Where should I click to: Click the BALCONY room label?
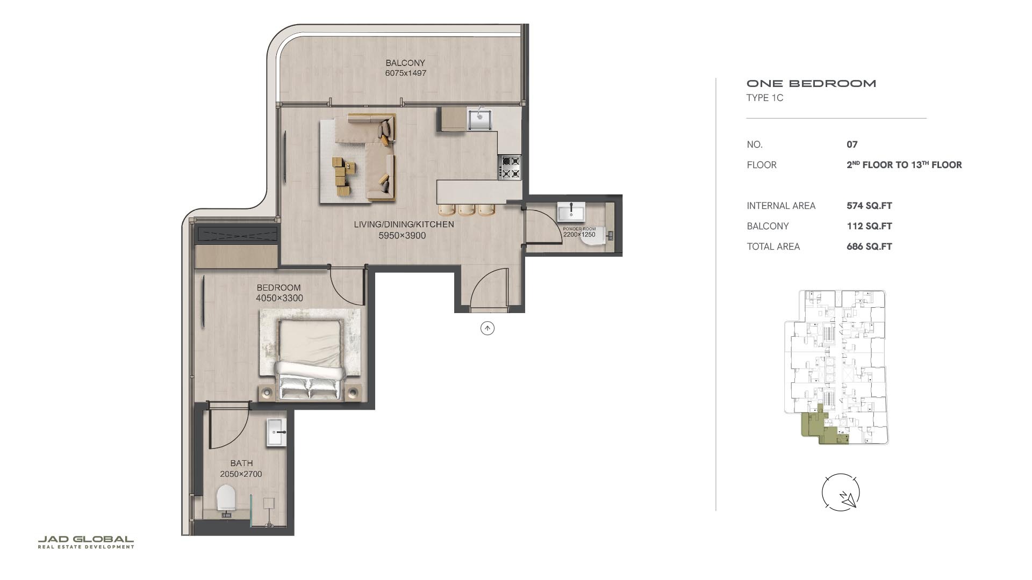click(x=405, y=63)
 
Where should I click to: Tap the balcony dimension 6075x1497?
click(x=405, y=73)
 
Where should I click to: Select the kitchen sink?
click(x=479, y=119)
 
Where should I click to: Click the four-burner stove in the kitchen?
click(x=510, y=166)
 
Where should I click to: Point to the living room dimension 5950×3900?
click(x=402, y=236)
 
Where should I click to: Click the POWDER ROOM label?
click(x=579, y=229)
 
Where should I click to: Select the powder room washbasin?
click(x=571, y=212)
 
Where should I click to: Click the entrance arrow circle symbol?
click(x=487, y=328)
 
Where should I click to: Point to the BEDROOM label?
click(x=278, y=288)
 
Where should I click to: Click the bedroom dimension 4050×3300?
click(x=279, y=298)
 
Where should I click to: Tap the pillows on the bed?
click(x=309, y=388)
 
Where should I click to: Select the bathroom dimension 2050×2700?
click(x=241, y=474)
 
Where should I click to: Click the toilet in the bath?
click(x=226, y=499)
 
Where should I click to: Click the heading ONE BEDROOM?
click(x=811, y=83)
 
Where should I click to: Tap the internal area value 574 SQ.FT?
click(x=869, y=206)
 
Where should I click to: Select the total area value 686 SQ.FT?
click(x=869, y=247)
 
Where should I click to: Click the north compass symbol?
click(x=841, y=492)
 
